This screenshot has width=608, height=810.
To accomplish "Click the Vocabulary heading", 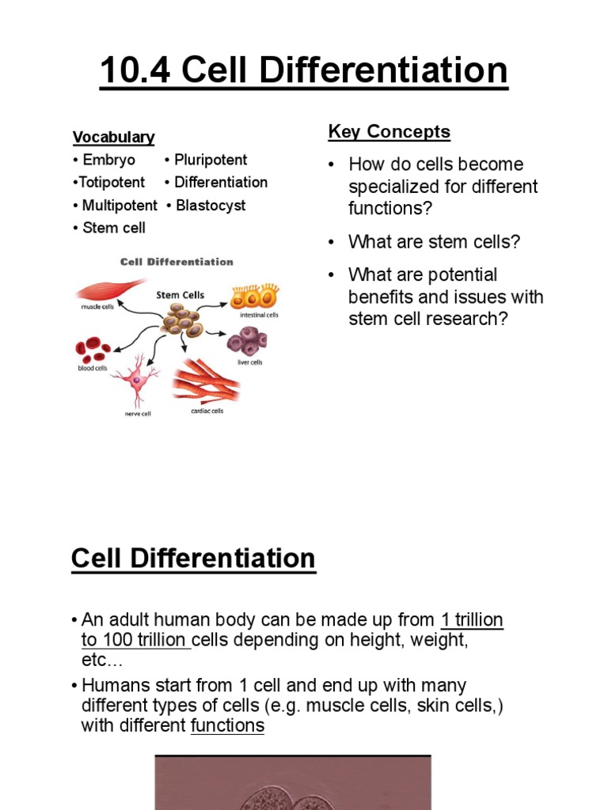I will click(113, 137).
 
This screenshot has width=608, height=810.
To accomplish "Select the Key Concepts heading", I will click(389, 132).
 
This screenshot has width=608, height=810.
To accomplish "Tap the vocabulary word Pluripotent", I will click(211, 160).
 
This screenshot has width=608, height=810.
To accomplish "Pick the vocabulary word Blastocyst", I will click(211, 206).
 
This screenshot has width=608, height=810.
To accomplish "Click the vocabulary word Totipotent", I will click(112, 183).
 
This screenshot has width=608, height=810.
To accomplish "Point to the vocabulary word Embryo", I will click(108, 160).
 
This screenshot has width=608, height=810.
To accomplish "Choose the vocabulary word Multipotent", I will click(120, 206).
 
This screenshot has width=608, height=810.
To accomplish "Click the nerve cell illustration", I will click(136, 378).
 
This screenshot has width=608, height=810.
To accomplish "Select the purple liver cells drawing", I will click(247, 342).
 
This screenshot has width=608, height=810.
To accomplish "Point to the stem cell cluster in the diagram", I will click(181, 320).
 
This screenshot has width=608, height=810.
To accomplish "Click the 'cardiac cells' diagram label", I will click(207, 411).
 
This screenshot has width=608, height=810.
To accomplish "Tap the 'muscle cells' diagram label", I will click(96, 308).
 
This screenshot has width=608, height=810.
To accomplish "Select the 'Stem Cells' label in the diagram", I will click(180, 295).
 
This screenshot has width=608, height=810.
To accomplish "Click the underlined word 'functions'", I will click(227, 725).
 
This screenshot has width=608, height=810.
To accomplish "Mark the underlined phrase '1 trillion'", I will click(472, 620).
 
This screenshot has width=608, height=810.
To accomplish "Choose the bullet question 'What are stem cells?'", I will click(434, 242).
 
